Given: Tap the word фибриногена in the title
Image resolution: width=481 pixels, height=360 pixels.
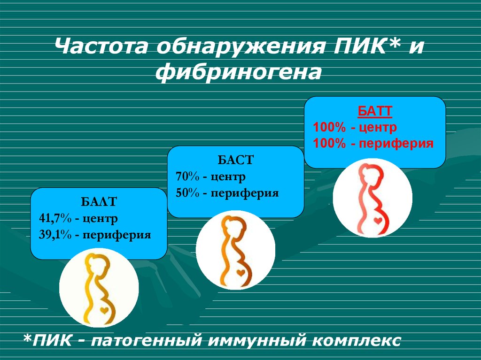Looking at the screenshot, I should (x=240, y=73).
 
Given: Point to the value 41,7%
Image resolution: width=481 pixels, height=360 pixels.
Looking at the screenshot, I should (x=54, y=218).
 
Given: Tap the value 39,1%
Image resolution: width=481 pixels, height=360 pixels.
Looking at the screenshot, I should (x=55, y=235).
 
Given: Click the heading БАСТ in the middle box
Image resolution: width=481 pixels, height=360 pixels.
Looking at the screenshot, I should (x=235, y=160).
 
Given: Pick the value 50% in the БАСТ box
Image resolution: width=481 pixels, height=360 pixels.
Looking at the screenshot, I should (x=187, y=192).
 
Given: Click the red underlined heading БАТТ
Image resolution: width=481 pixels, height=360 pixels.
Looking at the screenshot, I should (x=375, y=112).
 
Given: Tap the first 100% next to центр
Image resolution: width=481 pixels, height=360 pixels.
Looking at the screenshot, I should (x=328, y=128).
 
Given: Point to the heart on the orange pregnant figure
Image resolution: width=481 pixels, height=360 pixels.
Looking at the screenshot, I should (x=240, y=271).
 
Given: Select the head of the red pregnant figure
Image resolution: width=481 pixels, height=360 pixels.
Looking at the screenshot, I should (x=368, y=172).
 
